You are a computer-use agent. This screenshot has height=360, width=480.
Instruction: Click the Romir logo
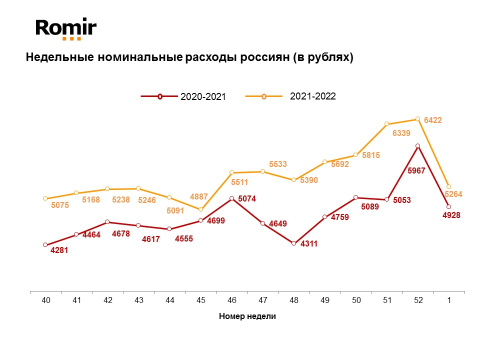(65, 28)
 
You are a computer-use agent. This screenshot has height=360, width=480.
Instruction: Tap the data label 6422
(433, 120)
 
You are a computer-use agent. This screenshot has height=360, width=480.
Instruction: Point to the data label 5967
(416, 170)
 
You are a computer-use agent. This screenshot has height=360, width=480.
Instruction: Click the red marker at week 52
(418, 146)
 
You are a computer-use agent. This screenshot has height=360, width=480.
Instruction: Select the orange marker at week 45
(201, 209)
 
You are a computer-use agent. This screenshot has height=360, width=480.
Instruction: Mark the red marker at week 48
(294, 243)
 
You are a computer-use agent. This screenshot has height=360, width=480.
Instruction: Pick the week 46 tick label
(232, 300)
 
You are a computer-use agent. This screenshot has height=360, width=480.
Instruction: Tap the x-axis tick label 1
(449, 300)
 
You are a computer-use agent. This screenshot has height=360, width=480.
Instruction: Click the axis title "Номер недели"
(247, 316)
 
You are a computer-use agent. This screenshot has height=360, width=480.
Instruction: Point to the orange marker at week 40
(45, 198)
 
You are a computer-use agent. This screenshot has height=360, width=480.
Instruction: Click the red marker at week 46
(231, 198)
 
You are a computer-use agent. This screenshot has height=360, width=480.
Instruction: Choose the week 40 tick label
(45, 300)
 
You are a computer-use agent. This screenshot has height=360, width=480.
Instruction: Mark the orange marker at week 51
(387, 123)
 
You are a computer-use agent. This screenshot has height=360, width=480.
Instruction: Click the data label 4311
(309, 244)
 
